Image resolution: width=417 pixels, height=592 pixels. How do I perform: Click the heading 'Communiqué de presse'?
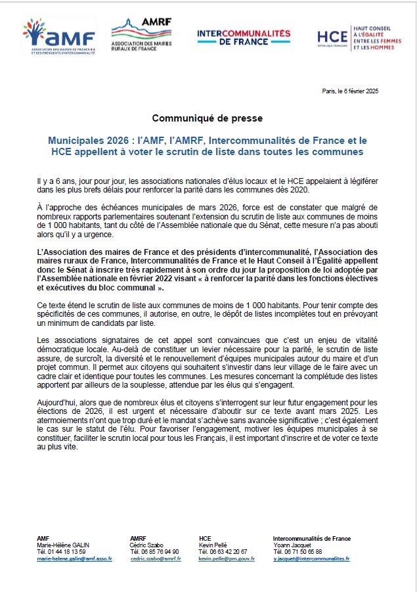tap(208, 118)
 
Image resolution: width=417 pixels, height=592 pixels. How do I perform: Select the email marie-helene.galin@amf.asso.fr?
tap(74, 558)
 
